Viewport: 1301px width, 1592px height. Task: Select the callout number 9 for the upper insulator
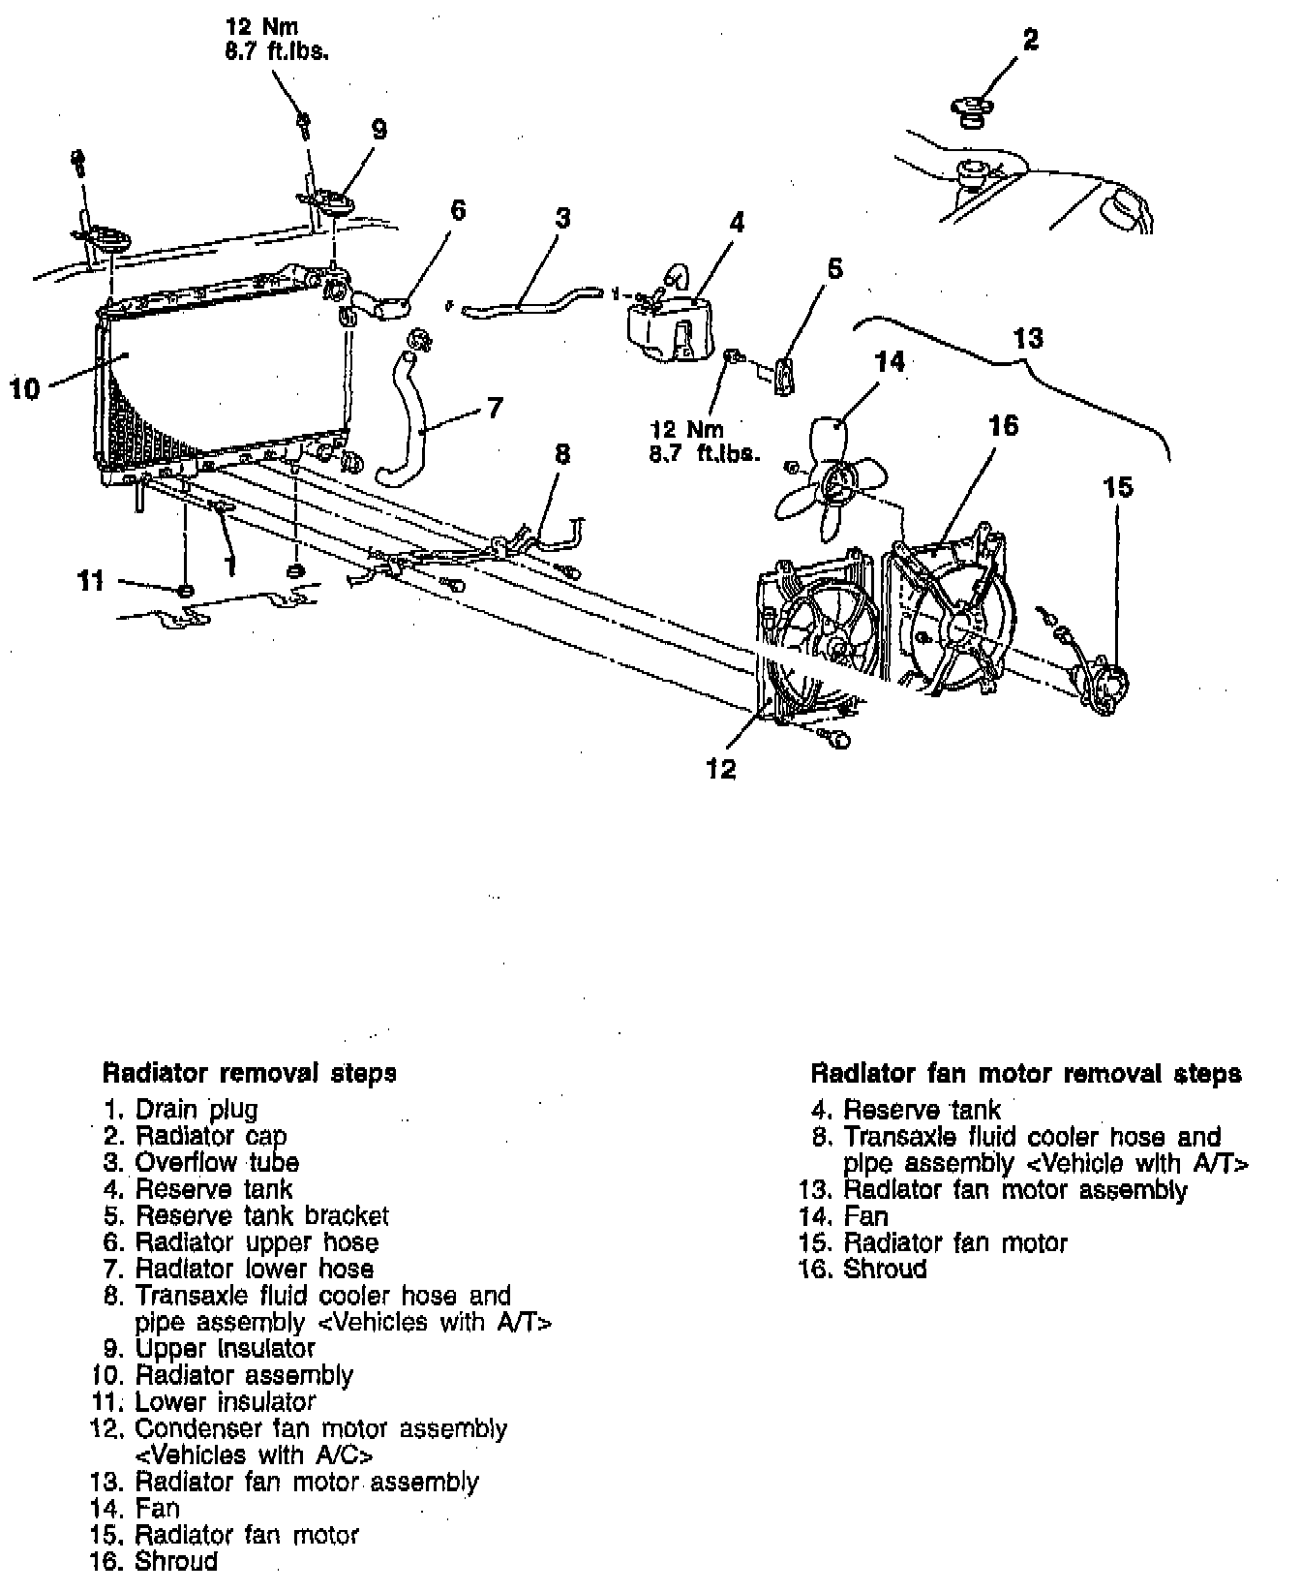(x=379, y=130)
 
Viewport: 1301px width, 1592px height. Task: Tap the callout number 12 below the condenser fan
(x=721, y=769)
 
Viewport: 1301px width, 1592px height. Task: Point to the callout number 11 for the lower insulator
(x=91, y=581)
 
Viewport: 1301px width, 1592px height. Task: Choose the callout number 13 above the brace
(x=1028, y=338)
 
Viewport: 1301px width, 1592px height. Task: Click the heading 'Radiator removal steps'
(x=249, y=1073)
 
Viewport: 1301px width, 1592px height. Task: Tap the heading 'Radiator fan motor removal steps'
(x=1025, y=1073)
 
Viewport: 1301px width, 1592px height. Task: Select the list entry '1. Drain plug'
(x=182, y=1109)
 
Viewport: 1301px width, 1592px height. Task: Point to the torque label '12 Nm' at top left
(x=260, y=28)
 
